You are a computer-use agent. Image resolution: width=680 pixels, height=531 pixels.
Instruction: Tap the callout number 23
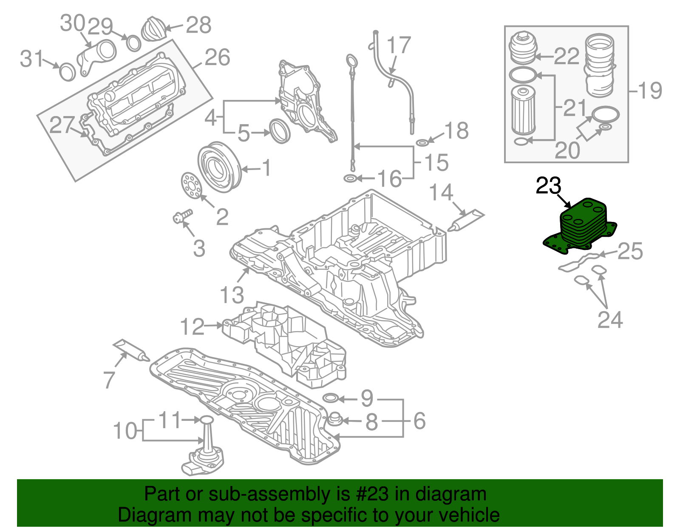[548, 186]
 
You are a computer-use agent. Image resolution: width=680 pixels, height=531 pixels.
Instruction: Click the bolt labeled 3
[182, 216]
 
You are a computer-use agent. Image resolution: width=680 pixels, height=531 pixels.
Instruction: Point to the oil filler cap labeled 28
[153, 29]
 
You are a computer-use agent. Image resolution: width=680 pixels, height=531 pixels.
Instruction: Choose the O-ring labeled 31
[67, 72]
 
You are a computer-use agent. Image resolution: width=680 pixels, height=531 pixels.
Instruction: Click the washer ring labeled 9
[331, 398]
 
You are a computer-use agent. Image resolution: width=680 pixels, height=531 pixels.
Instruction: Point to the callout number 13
[232, 295]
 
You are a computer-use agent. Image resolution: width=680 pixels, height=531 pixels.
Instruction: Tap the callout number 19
[650, 91]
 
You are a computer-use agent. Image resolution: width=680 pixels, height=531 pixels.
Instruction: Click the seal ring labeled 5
[280, 131]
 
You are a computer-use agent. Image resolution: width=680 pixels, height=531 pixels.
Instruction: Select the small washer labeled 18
[422, 142]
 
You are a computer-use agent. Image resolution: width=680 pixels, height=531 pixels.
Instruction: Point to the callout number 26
[217, 57]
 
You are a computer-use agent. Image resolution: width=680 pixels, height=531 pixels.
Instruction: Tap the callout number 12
[192, 326]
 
